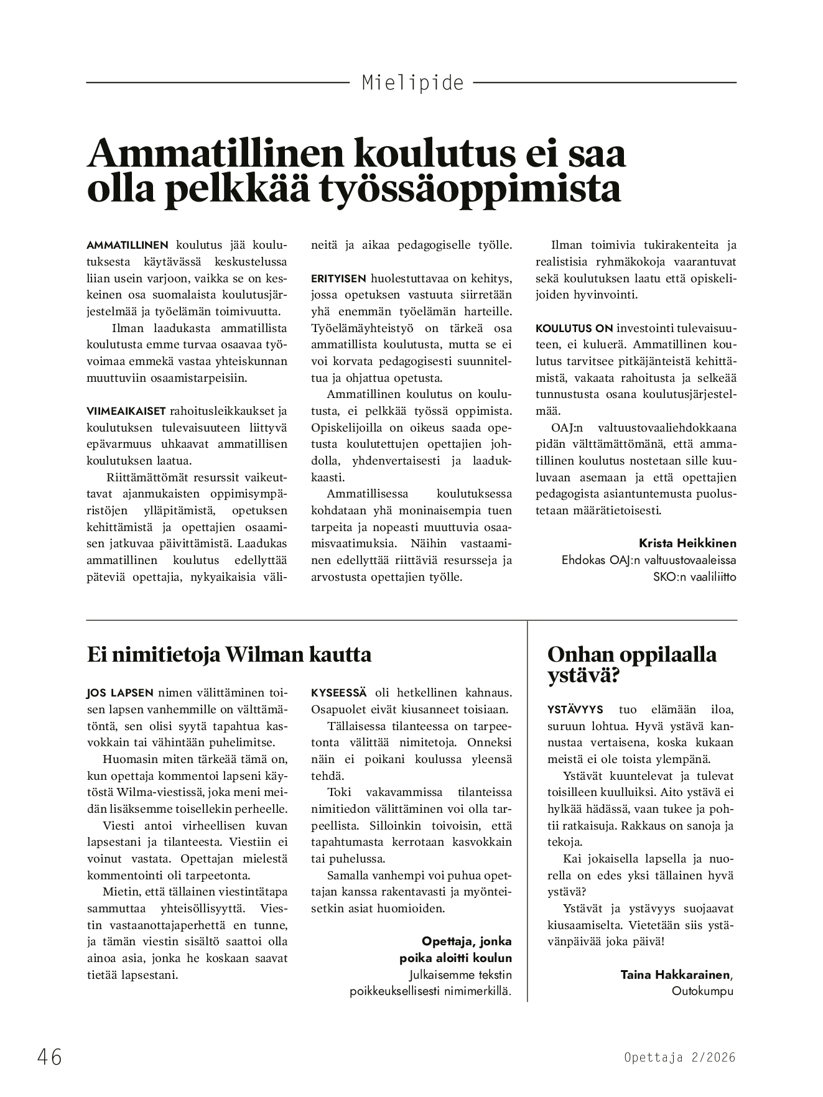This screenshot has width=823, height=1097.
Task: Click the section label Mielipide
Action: (412, 83)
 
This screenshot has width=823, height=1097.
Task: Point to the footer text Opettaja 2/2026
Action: (679, 1057)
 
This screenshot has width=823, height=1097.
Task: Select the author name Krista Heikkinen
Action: (687, 543)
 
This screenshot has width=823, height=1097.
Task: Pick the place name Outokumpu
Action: (702, 991)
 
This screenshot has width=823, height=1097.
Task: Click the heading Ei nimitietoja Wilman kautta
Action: (229, 654)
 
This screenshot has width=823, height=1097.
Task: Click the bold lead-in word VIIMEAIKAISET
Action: (126, 410)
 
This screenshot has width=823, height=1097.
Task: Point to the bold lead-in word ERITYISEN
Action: (339, 278)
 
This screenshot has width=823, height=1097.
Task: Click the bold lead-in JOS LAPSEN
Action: (119, 693)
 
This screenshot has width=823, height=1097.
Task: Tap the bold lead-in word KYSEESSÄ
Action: (339, 693)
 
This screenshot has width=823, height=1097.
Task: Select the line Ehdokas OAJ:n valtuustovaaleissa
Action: (649, 560)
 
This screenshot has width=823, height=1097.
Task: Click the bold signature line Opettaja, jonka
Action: (467, 941)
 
